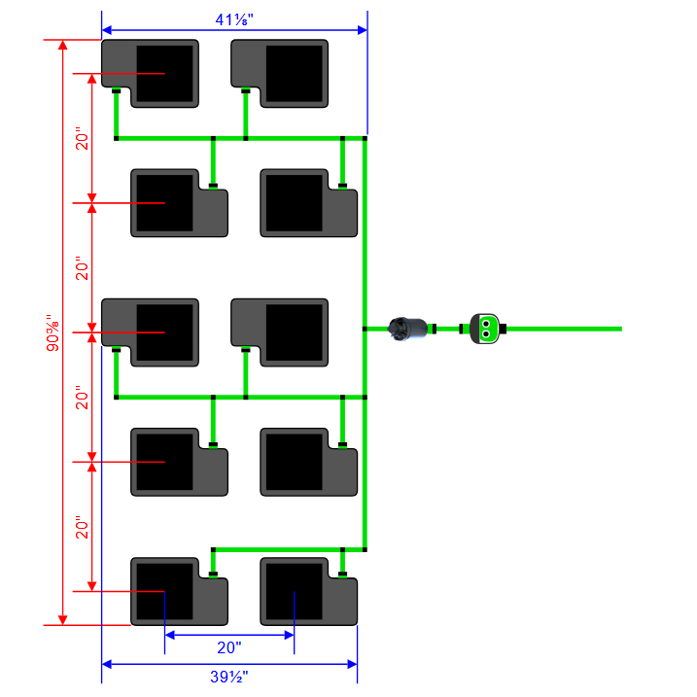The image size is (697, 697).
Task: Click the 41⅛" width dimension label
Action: tap(234, 17)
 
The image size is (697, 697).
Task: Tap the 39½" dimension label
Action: tap(229, 678)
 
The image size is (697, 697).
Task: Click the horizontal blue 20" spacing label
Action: tap(229, 647)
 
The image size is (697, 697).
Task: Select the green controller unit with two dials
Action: tap(483, 328)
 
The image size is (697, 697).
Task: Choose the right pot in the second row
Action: tap(293, 203)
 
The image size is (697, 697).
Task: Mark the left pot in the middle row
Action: tap(163, 332)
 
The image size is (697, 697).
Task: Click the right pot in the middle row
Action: tap(294, 332)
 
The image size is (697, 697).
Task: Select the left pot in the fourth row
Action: tap(163, 462)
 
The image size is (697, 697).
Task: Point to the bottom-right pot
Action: tap(293, 591)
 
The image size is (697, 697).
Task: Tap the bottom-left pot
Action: tap(163, 591)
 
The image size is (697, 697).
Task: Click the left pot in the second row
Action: tap(163, 203)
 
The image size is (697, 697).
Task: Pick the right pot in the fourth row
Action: tap(293, 462)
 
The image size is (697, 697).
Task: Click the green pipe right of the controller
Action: tap(564, 329)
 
